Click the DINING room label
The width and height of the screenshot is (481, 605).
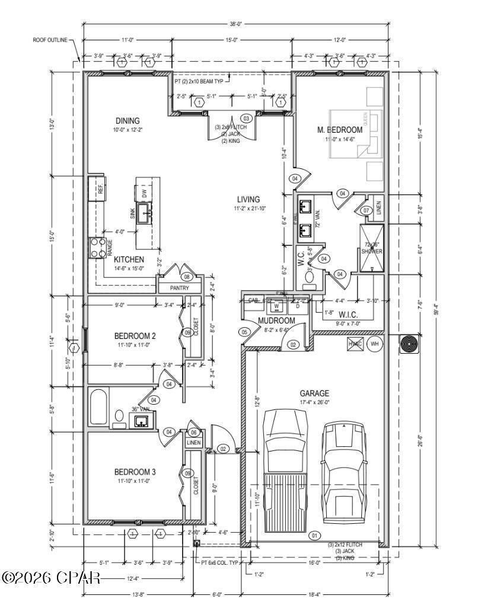click(128, 121)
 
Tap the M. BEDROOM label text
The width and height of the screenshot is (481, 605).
click(340, 130)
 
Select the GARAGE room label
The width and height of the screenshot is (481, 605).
click(314, 393)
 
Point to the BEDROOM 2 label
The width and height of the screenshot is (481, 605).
click(135, 337)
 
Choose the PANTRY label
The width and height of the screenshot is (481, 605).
click(179, 288)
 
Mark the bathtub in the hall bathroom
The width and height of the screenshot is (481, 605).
click(98, 406)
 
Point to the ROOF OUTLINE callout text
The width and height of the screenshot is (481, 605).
click(50, 40)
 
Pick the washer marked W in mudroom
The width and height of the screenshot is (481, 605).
click(276, 306)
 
